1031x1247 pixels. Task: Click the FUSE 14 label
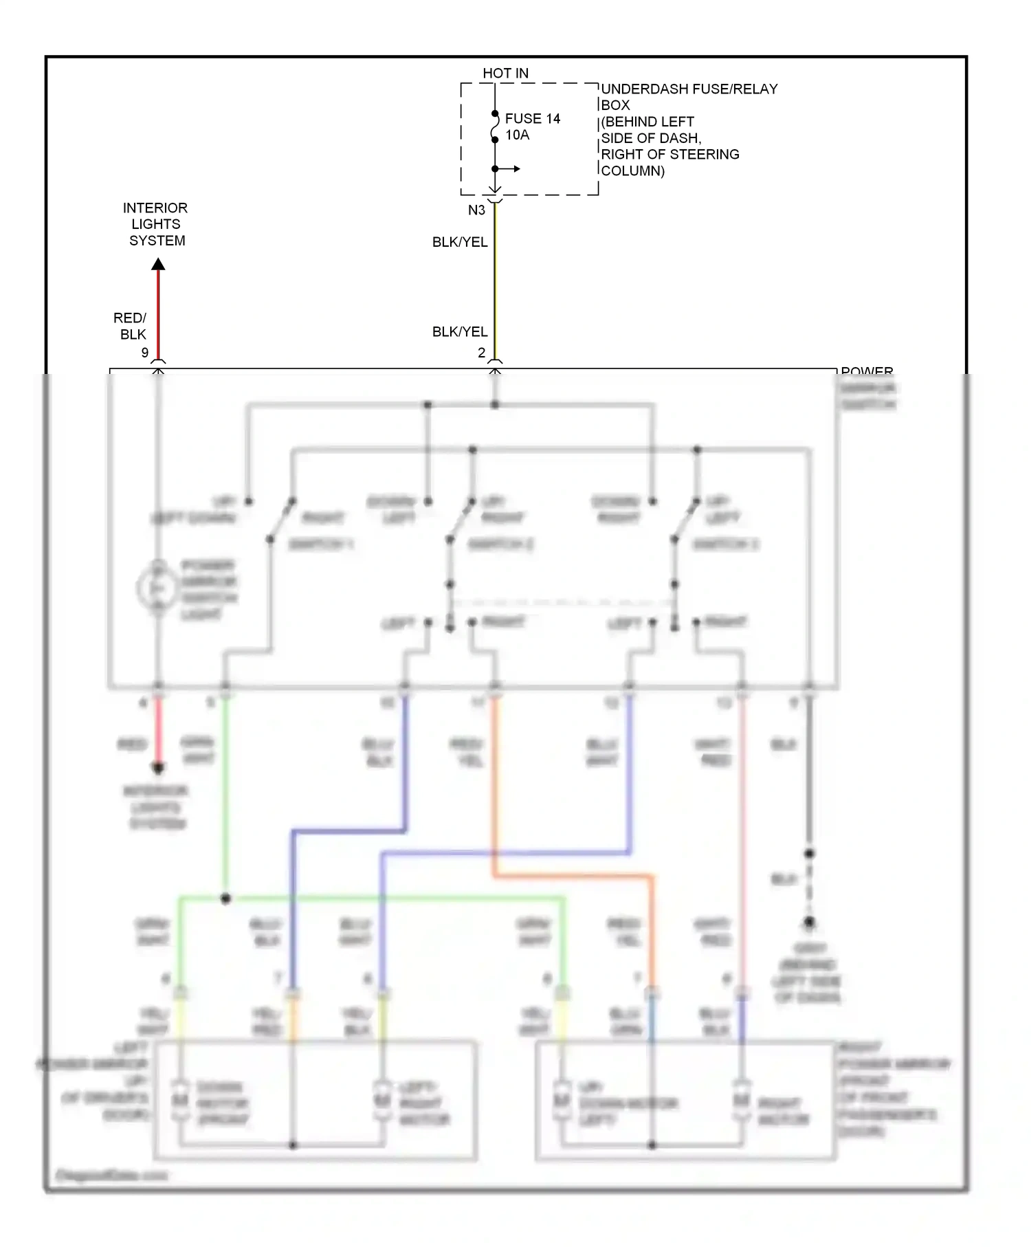pyautogui.click(x=532, y=118)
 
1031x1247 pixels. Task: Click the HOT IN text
pyautogui.click(x=505, y=73)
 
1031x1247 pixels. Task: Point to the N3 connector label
pyautogui.click(x=476, y=210)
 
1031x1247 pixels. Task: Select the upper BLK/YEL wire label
pyautogui.click(x=460, y=242)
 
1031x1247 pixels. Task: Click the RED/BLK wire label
pyautogui.click(x=131, y=326)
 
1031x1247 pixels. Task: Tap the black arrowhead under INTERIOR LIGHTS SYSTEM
pyautogui.click(x=158, y=264)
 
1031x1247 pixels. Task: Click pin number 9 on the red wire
pyautogui.click(x=145, y=352)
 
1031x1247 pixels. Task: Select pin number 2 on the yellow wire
pyautogui.click(x=482, y=352)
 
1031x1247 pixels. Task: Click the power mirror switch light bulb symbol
pyautogui.click(x=157, y=588)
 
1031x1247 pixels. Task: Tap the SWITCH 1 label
pyautogui.click(x=320, y=544)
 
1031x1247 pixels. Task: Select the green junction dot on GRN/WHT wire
pyautogui.click(x=225, y=898)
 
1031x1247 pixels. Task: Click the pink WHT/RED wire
pyautogui.click(x=742, y=825)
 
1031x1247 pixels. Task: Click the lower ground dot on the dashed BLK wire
pyautogui.click(x=809, y=922)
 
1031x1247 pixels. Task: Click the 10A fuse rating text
pyautogui.click(x=517, y=135)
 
